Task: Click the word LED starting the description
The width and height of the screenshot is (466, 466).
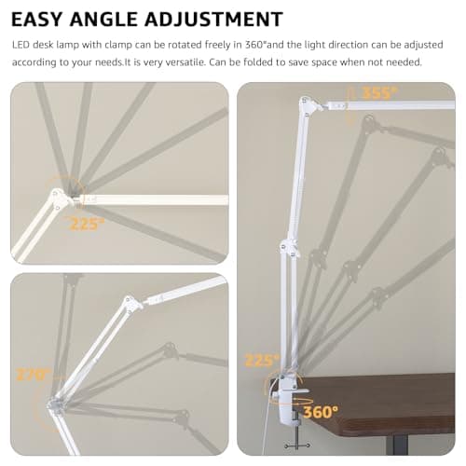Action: tap(21, 44)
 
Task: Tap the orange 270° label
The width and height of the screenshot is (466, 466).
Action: tap(30, 375)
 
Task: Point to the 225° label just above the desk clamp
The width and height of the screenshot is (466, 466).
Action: tap(262, 360)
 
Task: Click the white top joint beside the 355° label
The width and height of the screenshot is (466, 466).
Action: tap(305, 103)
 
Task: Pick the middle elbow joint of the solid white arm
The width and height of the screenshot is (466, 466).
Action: tap(289, 249)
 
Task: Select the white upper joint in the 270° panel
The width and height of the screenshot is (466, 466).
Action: tap(131, 303)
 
